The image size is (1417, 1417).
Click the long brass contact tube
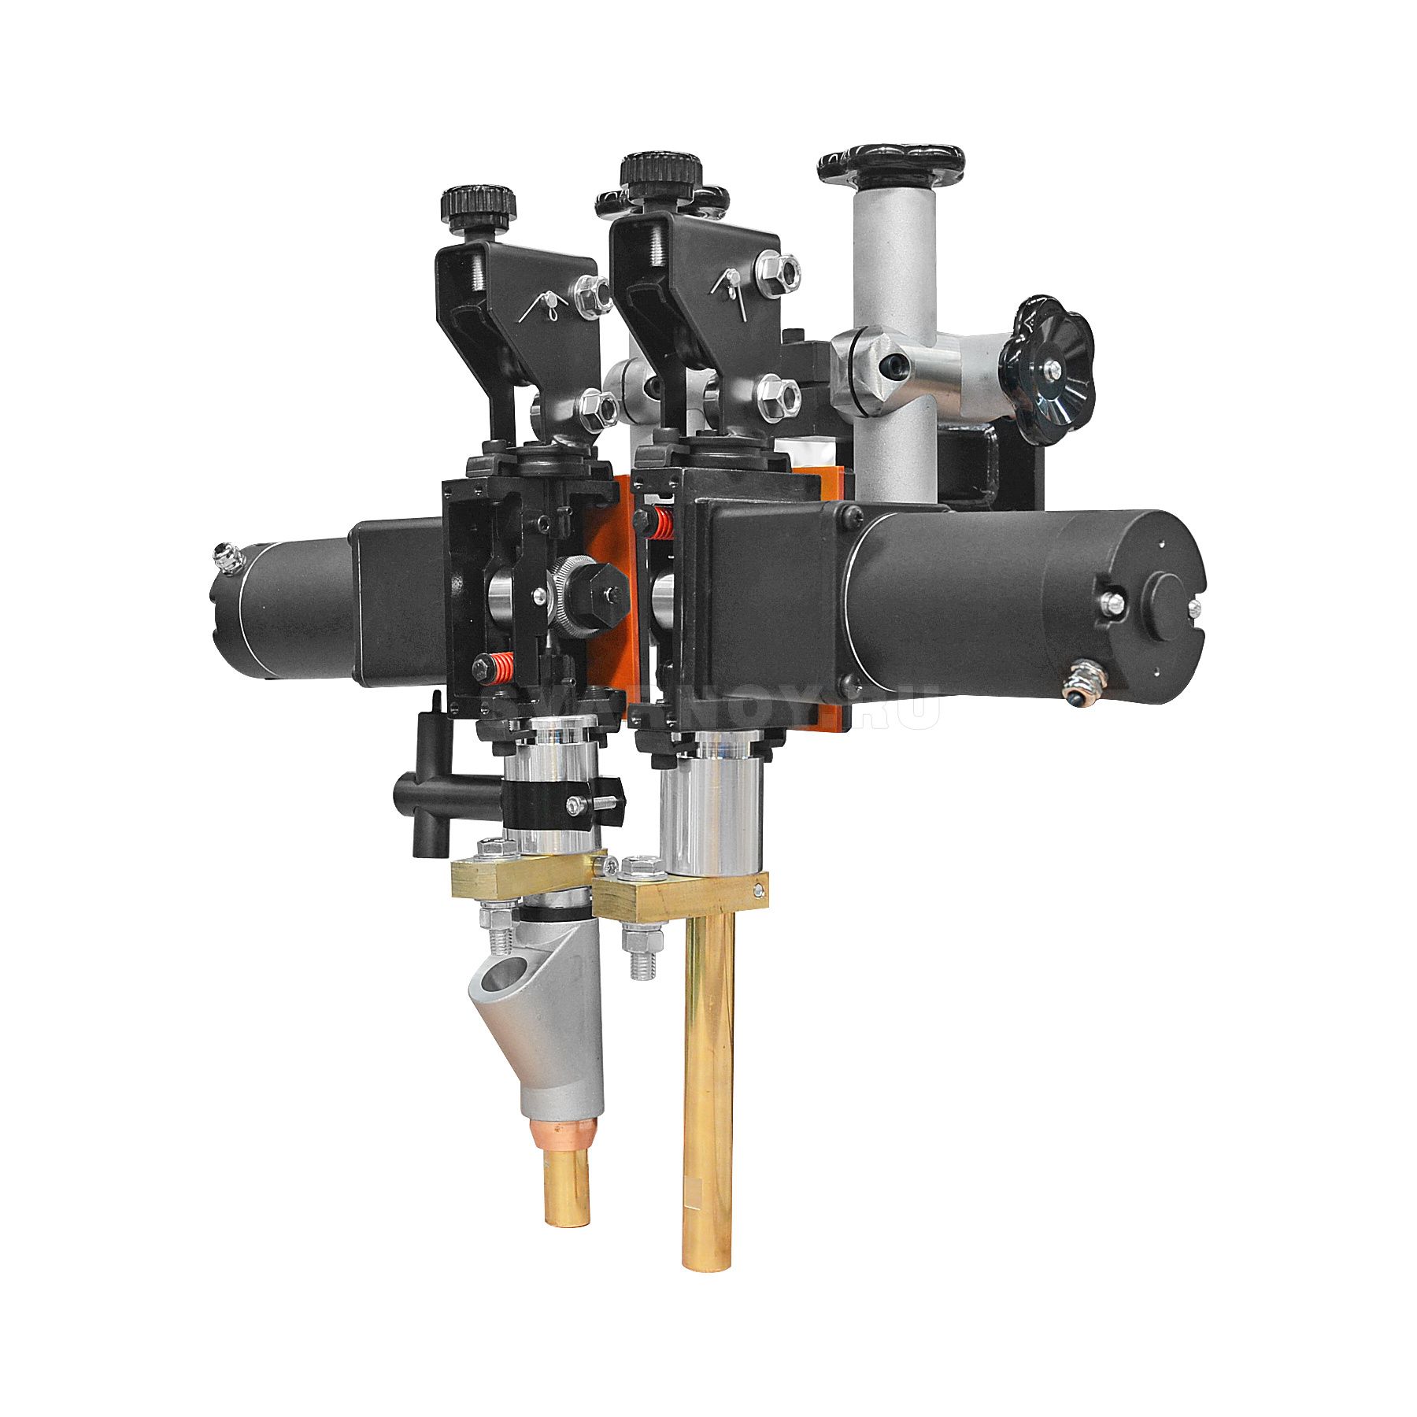click(x=708, y=1086)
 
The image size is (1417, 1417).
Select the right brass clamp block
click(x=677, y=893)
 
